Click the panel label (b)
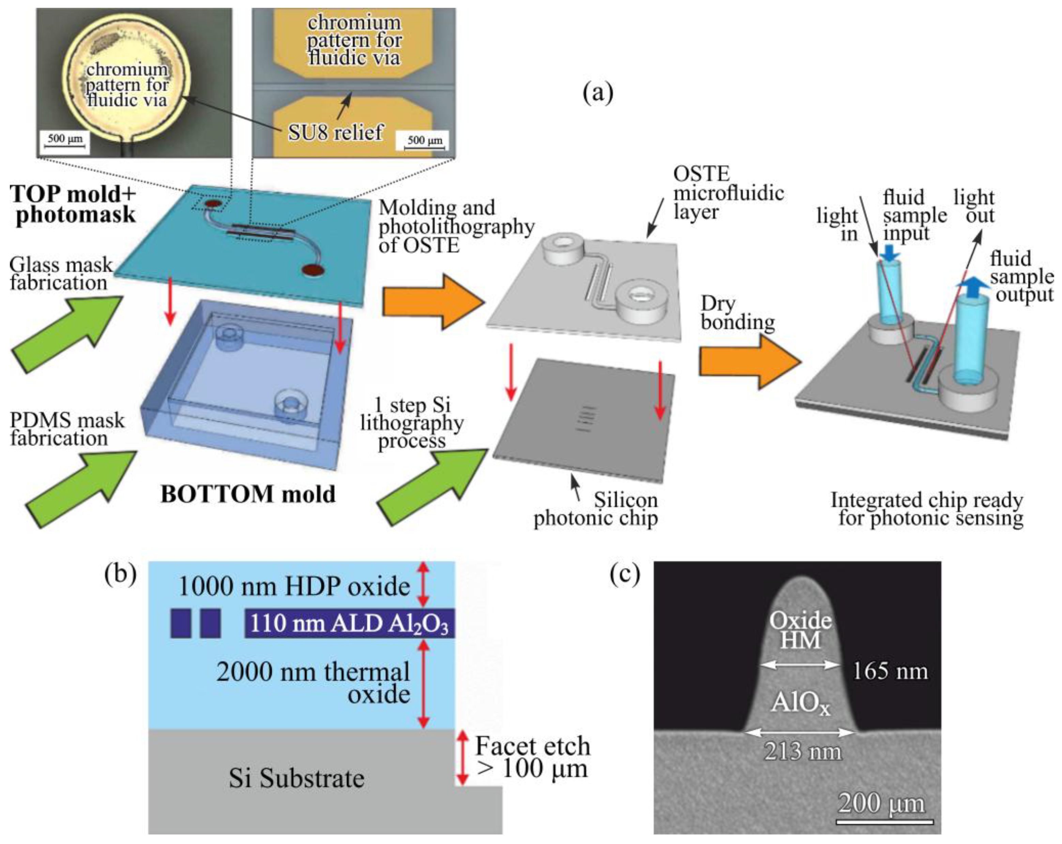pyautogui.click(x=120, y=574)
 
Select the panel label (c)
pyautogui.click(x=625, y=574)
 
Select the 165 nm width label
pyautogui.click(x=890, y=671)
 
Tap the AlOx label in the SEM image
pyautogui.click(x=801, y=703)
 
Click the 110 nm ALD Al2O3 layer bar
pyautogui.click(x=349, y=623)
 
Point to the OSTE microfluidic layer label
pyautogui.click(x=728, y=193)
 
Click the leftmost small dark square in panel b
pyautogui.click(x=180, y=623)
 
